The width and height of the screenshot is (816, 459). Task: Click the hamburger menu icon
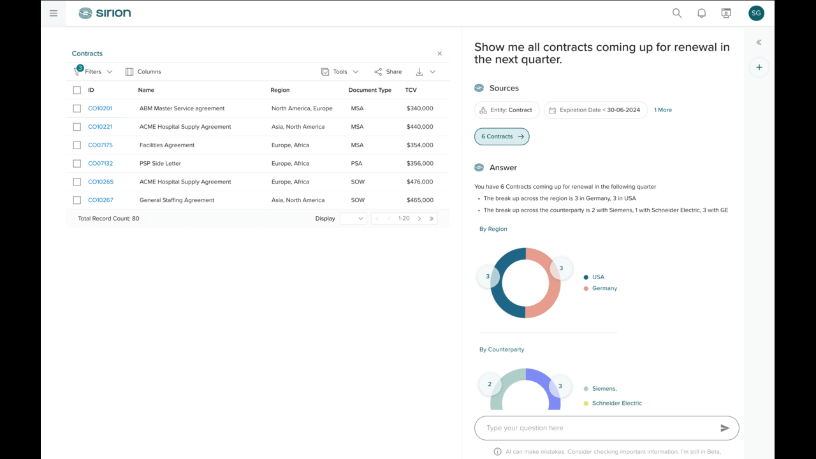click(54, 13)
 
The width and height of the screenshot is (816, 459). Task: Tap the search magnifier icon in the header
click(677, 13)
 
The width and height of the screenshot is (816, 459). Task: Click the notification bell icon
click(701, 13)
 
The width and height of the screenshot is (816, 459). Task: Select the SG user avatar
click(756, 13)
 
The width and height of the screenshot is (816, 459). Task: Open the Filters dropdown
click(93, 71)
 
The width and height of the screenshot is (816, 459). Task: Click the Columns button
click(143, 72)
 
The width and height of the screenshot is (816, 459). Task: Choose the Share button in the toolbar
click(388, 72)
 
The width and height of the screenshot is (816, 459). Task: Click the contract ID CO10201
click(100, 108)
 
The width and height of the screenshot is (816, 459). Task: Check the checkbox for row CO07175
click(77, 145)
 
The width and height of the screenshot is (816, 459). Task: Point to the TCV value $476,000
click(419, 182)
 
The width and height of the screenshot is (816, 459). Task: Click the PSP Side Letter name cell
click(160, 163)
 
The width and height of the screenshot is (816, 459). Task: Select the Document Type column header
click(370, 90)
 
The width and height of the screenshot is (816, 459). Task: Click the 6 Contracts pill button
click(502, 136)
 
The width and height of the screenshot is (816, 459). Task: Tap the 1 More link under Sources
click(663, 110)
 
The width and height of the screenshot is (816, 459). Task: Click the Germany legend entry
click(601, 288)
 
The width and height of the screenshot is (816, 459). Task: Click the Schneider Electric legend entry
click(613, 404)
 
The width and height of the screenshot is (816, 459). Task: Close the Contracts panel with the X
click(440, 54)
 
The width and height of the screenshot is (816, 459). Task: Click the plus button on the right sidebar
click(759, 68)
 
